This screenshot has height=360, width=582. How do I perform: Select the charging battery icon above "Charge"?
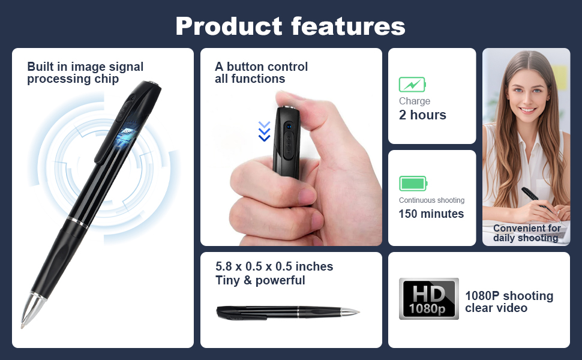[x=412, y=84]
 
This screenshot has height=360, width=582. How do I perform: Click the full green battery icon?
[x=413, y=183]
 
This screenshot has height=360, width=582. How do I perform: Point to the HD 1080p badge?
[x=428, y=298]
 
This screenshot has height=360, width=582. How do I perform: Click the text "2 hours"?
[x=422, y=115]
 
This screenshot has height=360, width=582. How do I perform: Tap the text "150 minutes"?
[x=431, y=214]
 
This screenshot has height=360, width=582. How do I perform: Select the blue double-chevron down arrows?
[x=264, y=131]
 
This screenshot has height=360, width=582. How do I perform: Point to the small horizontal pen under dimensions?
[x=287, y=311]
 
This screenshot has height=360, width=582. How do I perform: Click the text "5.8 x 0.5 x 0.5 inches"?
[x=274, y=266]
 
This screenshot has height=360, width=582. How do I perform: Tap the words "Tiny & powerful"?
[x=260, y=280]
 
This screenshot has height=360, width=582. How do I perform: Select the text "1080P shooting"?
[x=509, y=296]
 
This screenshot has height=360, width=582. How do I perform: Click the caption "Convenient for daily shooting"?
[x=526, y=233]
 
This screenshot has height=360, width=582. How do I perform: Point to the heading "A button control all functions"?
[x=261, y=73]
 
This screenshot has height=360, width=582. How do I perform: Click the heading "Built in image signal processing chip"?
[x=85, y=73]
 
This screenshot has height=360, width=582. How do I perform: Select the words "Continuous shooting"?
[x=431, y=200]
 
